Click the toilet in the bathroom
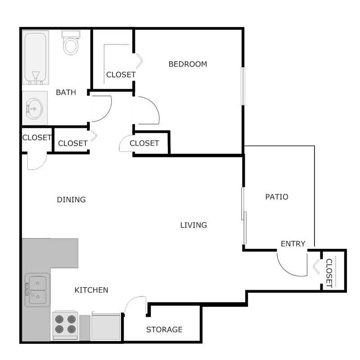click(71, 43)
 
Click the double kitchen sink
click(37, 290)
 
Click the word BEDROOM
click(188, 64)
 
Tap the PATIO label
click(276, 197)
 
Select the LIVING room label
click(193, 225)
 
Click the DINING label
click(71, 199)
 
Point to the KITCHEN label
click(91, 290)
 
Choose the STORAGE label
click(164, 329)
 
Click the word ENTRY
click(293, 244)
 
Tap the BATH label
click(66, 92)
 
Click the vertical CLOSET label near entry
click(328, 273)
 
